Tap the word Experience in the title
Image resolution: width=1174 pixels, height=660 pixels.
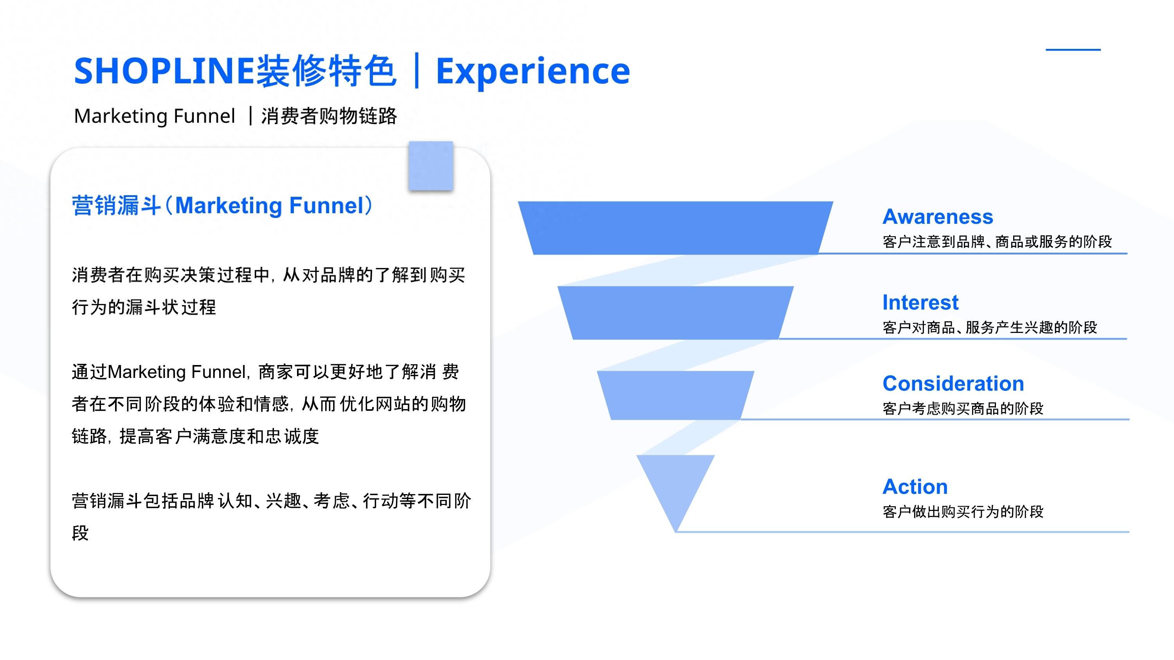point(533,72)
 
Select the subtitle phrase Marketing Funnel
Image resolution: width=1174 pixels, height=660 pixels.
point(155,116)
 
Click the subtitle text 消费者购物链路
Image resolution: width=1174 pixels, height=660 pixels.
point(329,116)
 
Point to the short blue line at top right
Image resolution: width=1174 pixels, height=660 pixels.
point(1073,49)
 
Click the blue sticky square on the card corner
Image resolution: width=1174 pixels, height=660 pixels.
point(431,165)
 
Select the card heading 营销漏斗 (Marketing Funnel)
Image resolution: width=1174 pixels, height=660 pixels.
point(222,205)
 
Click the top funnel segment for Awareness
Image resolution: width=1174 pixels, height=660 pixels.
point(675,228)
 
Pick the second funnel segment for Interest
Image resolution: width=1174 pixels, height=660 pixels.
point(675,313)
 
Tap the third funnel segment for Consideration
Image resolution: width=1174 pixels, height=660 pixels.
point(675,395)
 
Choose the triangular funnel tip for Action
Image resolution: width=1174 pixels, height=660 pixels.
point(675,487)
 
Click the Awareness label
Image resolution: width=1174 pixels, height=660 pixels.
point(938,217)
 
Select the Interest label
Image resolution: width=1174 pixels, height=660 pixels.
point(920,302)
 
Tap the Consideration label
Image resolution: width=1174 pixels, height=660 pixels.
point(953,383)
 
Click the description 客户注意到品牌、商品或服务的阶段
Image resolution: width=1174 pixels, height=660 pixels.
point(997,241)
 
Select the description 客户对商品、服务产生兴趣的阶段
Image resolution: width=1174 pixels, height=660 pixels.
point(990,327)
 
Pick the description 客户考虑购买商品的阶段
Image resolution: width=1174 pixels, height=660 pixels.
point(963,408)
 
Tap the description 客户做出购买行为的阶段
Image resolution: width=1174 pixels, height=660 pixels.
point(963,511)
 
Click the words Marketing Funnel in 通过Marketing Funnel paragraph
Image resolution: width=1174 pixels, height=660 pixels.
point(177,372)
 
